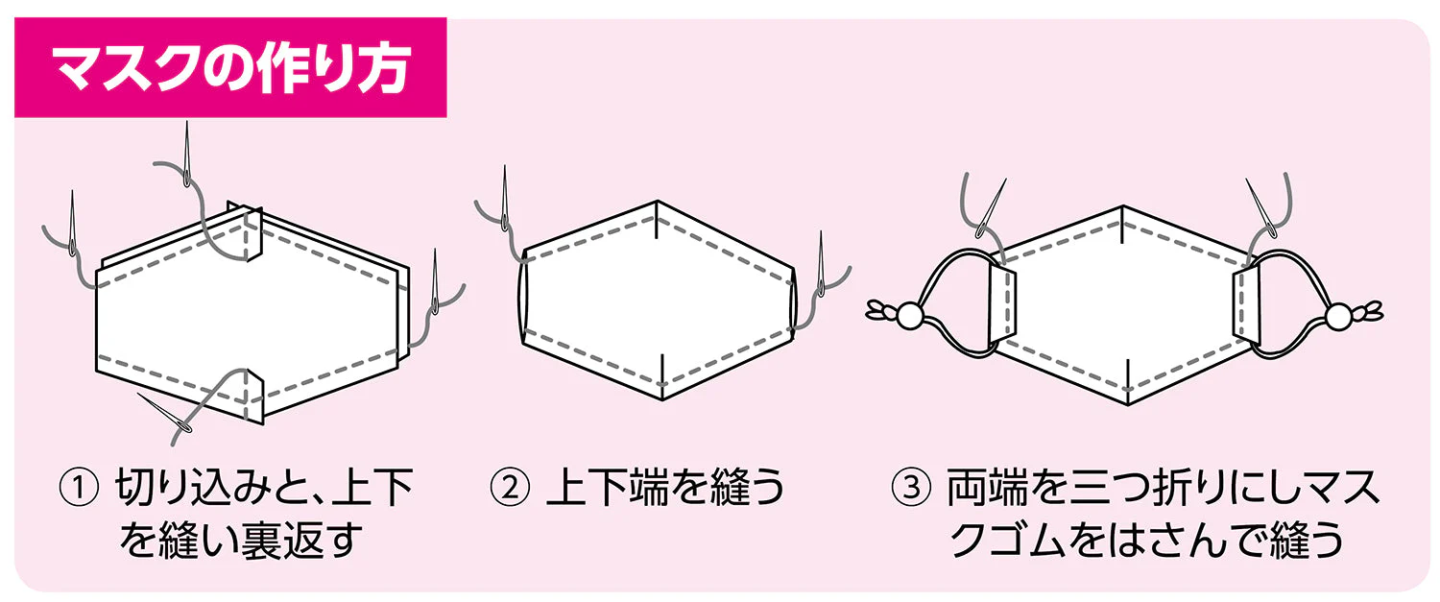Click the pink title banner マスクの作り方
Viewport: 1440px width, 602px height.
pyautogui.click(x=230, y=67)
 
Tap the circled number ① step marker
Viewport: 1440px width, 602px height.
pyautogui.click(x=79, y=488)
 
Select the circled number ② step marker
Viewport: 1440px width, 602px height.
pyautogui.click(x=510, y=488)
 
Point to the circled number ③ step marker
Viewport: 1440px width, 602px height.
pyautogui.click(x=911, y=488)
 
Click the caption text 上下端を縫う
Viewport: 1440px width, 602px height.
pyautogui.click(x=664, y=488)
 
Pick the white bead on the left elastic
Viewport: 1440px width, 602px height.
pyautogui.click(x=910, y=316)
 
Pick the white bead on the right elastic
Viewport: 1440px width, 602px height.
pyautogui.click(x=1338, y=315)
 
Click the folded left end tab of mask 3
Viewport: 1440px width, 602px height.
pyautogui.click(x=1001, y=304)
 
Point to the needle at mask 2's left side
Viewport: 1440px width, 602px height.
pyautogui.click(x=505, y=197)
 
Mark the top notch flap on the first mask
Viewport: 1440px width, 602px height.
pyautogui.click(x=253, y=232)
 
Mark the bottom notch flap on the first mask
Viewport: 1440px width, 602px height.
pyautogui.click(x=254, y=397)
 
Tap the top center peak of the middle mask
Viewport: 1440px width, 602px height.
pyautogui.click(x=657, y=202)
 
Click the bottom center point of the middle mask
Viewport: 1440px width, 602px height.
pyautogui.click(x=663, y=399)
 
